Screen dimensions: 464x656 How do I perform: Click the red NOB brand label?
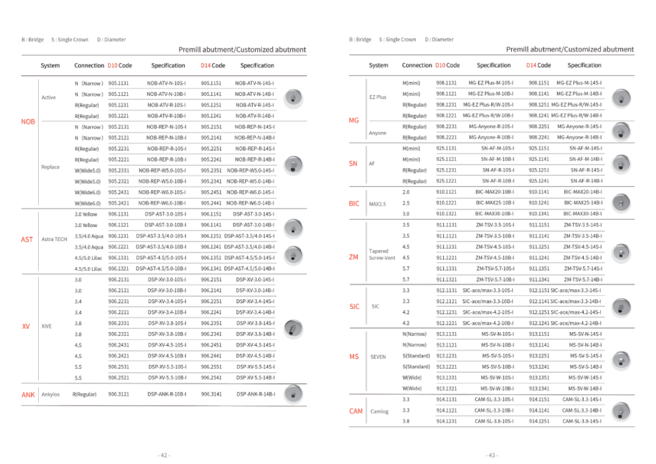click(x=28, y=121)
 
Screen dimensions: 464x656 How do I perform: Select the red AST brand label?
click(x=26, y=240)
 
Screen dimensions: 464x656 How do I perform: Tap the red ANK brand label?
click(x=28, y=394)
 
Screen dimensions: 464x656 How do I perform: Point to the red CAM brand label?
click(x=356, y=411)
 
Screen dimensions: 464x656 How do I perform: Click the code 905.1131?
click(x=119, y=83)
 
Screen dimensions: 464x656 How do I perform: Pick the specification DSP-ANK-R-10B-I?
click(x=167, y=394)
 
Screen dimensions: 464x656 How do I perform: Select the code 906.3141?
click(x=212, y=394)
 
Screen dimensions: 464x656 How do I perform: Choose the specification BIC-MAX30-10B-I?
click(x=495, y=213)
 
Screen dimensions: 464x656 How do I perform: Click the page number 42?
click(x=163, y=455)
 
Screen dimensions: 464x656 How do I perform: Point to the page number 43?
click(x=491, y=455)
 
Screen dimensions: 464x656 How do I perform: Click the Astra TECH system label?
click(x=54, y=240)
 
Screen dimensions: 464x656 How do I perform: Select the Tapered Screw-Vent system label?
click(x=382, y=255)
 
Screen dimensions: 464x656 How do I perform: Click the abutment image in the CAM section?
click(x=620, y=411)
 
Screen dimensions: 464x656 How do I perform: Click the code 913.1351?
click(x=539, y=377)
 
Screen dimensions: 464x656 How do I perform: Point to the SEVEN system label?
click(x=378, y=356)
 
